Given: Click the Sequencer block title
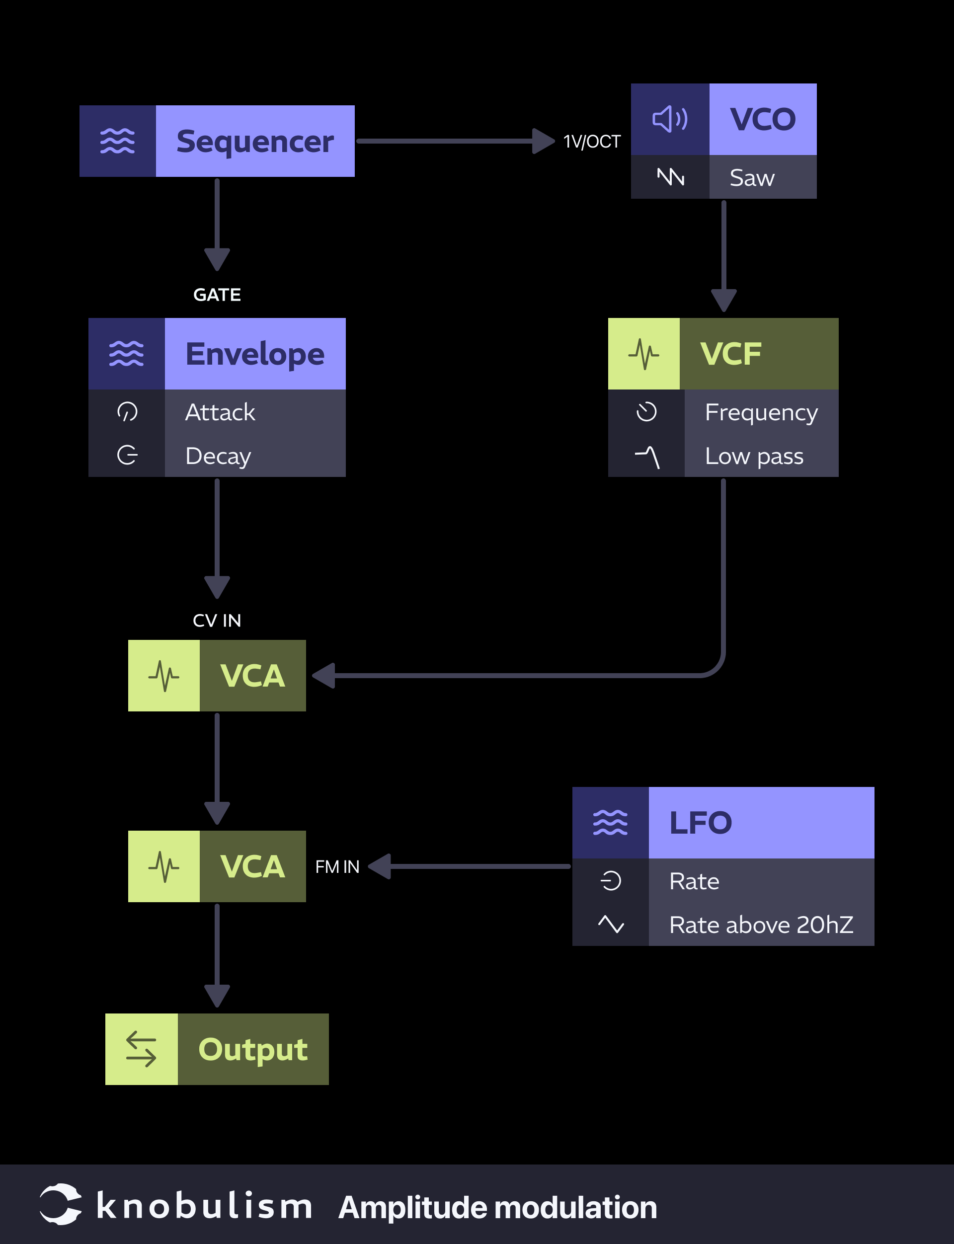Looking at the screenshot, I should [x=254, y=142].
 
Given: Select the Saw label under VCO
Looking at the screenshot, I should [x=751, y=178].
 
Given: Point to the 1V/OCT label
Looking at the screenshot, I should [x=592, y=142].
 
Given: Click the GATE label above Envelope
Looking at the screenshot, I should [x=217, y=295].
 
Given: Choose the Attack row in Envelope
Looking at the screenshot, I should [x=220, y=412].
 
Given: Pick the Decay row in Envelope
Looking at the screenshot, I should [x=218, y=456].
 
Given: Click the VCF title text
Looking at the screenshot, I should [x=730, y=354].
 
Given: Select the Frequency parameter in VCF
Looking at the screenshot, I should [x=761, y=412].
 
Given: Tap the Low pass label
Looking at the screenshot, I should [x=754, y=456].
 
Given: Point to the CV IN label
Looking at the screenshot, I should [x=217, y=620].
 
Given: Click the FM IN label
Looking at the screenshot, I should [x=337, y=866].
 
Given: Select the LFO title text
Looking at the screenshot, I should [x=700, y=823].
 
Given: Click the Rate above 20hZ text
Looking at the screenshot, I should [x=761, y=925].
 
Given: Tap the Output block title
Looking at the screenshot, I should [x=253, y=1049].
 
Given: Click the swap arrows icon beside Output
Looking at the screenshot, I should [x=141, y=1049].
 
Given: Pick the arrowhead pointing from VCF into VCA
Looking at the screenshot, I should [x=323, y=676].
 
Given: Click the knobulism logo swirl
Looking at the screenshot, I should [x=60, y=1204].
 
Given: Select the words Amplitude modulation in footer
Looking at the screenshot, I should [x=497, y=1207].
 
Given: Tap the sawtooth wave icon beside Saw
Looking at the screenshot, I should [x=670, y=177].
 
